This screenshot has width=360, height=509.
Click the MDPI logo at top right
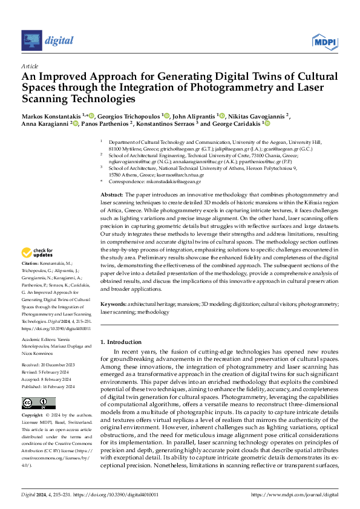click(x=324, y=41)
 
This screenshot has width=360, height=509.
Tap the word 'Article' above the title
click(x=29, y=65)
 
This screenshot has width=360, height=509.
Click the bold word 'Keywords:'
click(x=114, y=306)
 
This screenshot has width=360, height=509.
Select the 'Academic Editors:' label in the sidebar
click(x=38, y=339)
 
